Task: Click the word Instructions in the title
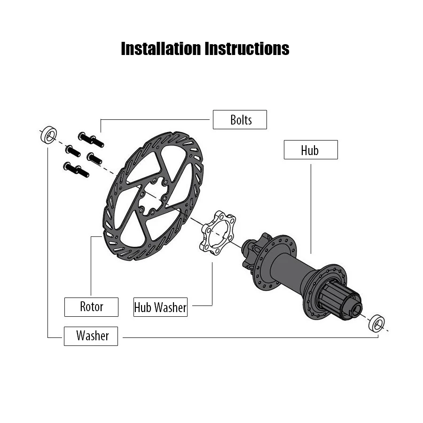(x=247, y=48)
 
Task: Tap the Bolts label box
(x=240, y=120)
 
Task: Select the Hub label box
(x=310, y=150)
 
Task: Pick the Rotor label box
(x=91, y=307)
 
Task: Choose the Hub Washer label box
(x=160, y=307)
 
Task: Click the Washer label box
(x=91, y=336)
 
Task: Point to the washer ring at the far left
(x=47, y=134)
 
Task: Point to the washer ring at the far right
(x=376, y=323)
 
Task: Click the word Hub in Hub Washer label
(x=143, y=307)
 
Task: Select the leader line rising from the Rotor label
(x=91, y=268)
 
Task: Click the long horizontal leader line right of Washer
(x=244, y=337)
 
